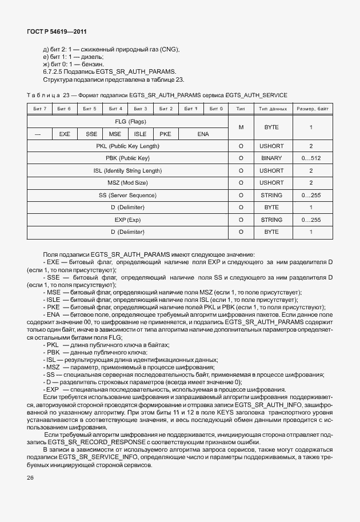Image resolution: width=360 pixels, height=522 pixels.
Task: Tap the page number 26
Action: [30, 478]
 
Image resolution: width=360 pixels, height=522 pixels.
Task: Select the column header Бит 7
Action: [40, 109]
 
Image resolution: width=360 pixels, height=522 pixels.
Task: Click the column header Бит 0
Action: [215, 109]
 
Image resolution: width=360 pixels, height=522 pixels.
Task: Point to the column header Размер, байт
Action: [311, 109]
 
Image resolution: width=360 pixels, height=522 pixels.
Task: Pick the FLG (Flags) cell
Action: [127, 122]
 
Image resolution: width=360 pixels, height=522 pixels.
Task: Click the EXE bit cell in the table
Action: [65, 134]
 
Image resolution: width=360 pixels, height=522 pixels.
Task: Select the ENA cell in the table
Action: [203, 134]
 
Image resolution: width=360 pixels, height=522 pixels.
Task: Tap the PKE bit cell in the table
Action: [165, 134]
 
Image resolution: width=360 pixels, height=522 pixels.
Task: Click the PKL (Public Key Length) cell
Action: [127, 146]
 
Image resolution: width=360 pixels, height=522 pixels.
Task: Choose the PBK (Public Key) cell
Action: [127, 158]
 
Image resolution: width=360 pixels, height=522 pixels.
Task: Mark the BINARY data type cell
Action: [271, 158]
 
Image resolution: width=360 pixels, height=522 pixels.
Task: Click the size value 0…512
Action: [311, 158]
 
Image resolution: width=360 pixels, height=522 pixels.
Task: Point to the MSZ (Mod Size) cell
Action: [127, 183]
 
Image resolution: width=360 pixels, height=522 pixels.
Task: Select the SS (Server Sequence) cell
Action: [127, 195]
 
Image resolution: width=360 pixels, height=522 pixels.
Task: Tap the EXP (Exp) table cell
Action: [127, 220]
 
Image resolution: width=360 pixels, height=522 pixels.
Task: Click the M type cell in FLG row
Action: [241, 127]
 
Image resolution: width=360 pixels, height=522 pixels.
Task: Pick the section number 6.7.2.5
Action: [55, 71]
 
